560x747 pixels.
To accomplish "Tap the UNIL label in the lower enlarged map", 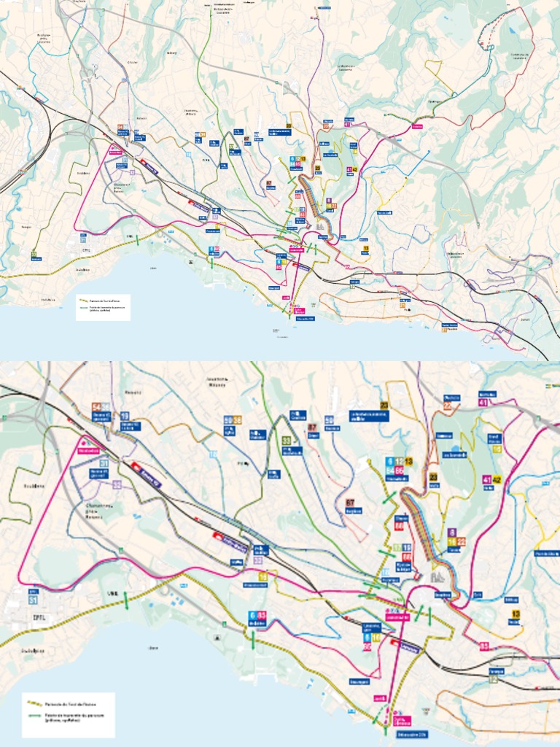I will point(112,593).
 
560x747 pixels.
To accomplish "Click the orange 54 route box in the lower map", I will point(96,407).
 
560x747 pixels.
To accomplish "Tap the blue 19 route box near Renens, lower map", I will point(125,416).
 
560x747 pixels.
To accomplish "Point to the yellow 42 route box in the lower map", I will point(497,479).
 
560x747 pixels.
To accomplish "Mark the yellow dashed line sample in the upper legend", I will point(84,299).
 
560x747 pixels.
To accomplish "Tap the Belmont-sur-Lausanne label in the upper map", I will point(455,255).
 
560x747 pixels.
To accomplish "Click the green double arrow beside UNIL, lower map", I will point(126,600).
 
